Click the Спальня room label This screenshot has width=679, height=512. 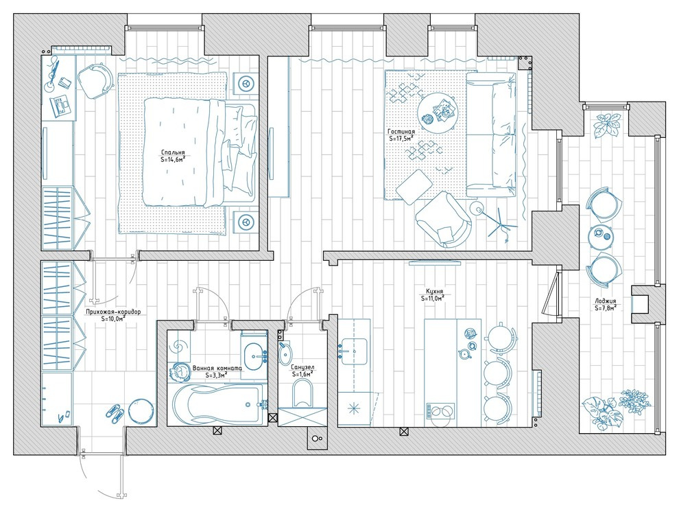tap(173, 152)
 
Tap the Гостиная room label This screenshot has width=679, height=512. tap(401, 132)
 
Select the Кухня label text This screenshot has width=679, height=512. tap(431, 292)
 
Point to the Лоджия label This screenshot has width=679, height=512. tap(606, 301)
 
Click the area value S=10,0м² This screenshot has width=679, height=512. tap(113, 318)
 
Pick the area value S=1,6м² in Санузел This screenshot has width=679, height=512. tap(302, 374)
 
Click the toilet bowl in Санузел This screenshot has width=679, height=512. tap(302, 394)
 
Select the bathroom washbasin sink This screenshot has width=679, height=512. tap(254, 355)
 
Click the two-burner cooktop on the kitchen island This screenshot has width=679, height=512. tap(441, 410)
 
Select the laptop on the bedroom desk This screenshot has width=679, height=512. tap(61, 107)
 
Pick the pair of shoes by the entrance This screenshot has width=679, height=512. tap(115, 412)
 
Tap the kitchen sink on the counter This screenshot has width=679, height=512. tap(354, 349)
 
